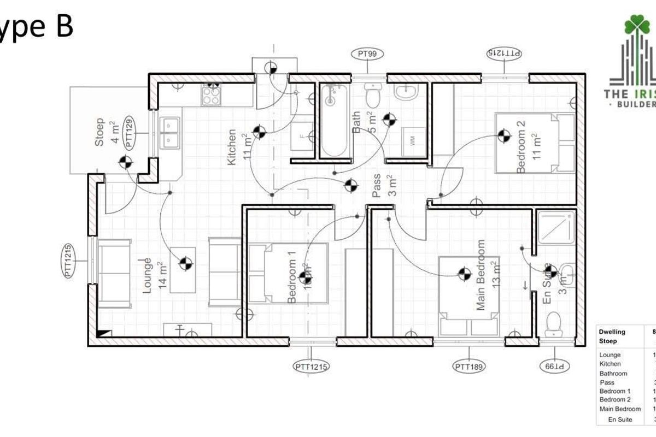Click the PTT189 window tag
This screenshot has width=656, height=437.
click(469, 367)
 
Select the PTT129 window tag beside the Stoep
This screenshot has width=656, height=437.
click(130, 133)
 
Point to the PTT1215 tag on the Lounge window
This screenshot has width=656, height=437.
click(69, 261)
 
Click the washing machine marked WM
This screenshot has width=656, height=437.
click(411, 141)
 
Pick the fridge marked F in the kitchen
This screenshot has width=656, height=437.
click(303, 135)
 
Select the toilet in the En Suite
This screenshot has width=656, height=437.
click(554, 324)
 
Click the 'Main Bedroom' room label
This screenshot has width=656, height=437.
click(481, 275)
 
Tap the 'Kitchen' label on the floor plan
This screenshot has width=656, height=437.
click(232, 147)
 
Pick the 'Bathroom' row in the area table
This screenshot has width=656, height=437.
click(613, 373)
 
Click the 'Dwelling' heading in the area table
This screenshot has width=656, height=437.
click(612, 332)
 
